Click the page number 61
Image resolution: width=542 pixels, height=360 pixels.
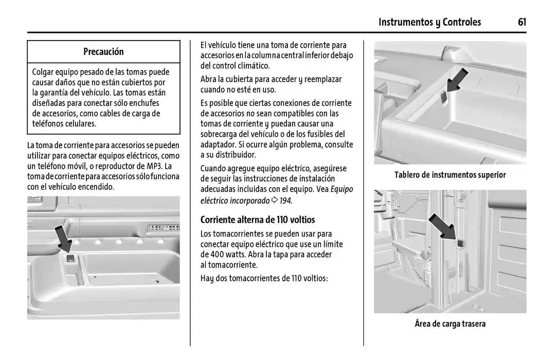522,22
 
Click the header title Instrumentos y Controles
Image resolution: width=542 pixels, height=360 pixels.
429,22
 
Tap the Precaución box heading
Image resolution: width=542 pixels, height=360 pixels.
103,51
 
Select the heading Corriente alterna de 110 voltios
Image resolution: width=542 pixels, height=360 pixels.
258,220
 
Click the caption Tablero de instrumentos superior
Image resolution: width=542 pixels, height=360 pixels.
450,175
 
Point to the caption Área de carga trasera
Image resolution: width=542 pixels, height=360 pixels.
450,323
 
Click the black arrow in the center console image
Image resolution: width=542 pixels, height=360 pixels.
64,236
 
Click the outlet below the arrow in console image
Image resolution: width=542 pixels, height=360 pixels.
70,259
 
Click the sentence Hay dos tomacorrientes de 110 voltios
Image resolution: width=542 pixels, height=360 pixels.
264,278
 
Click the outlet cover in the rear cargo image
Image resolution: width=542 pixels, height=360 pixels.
460,242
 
